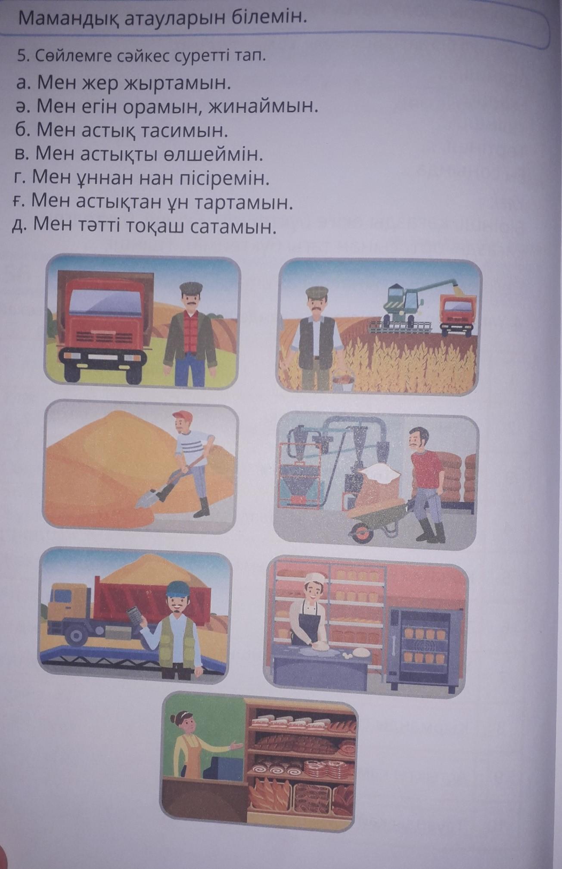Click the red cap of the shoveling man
tap(183, 416)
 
